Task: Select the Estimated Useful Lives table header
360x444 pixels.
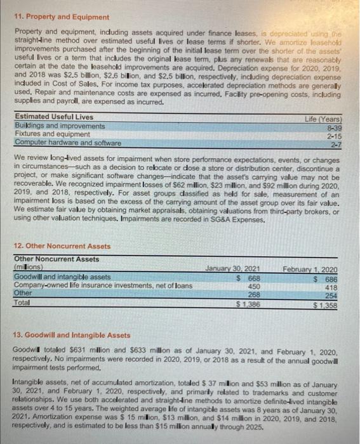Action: [x=53, y=117]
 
